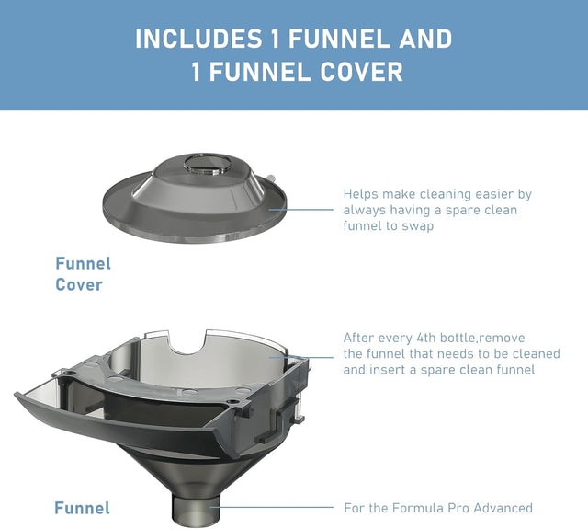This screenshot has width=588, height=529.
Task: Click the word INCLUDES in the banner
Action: point(198,39)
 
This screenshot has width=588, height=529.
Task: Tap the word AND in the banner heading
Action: point(425,39)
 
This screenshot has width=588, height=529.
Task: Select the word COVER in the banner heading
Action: point(361,72)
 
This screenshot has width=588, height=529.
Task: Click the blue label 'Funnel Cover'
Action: point(83,274)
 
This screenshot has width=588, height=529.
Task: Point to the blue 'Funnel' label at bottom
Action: point(82,508)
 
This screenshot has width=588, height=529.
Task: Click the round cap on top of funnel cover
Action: point(208,165)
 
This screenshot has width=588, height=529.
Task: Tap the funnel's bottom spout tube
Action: point(197,510)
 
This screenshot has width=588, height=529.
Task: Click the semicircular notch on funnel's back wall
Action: point(187,343)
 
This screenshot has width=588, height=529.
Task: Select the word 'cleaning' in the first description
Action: point(445,194)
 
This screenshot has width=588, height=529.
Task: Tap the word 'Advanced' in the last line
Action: point(503,508)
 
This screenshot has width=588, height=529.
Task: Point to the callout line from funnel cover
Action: point(301,210)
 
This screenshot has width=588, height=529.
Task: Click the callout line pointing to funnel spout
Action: point(272,507)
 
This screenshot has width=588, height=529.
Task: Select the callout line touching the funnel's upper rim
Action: point(301,357)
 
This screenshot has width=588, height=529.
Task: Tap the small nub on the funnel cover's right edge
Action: point(271,178)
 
